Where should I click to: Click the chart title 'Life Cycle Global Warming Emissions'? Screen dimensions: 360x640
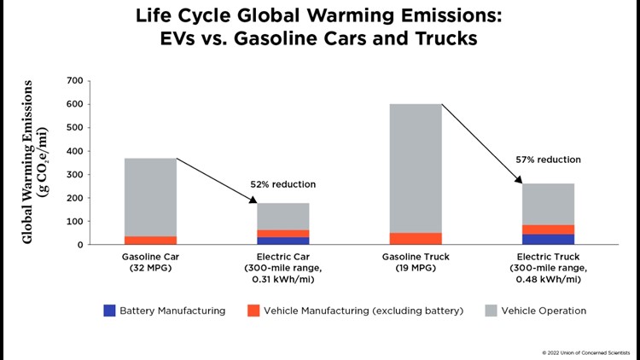click(x=320, y=18)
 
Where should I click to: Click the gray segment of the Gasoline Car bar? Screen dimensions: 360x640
click(x=150, y=196)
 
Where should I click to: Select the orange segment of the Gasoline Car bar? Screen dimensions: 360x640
click(x=150, y=240)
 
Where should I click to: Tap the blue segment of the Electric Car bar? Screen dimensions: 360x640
click(x=283, y=241)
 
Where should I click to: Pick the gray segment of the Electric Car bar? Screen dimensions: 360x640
click(x=283, y=216)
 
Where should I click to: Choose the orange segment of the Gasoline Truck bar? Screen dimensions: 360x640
click(x=416, y=238)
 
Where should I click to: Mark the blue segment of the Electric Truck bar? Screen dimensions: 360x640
click(x=549, y=239)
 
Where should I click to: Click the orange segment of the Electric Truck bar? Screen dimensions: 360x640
click(x=549, y=229)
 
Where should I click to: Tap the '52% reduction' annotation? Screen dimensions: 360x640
click(x=282, y=184)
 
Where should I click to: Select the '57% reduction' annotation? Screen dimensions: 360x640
click(x=548, y=160)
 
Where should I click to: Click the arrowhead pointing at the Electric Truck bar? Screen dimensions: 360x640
click(x=518, y=179)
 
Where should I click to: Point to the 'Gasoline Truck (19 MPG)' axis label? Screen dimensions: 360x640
click(x=416, y=262)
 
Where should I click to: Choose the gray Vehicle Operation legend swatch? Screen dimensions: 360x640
click(x=491, y=311)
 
